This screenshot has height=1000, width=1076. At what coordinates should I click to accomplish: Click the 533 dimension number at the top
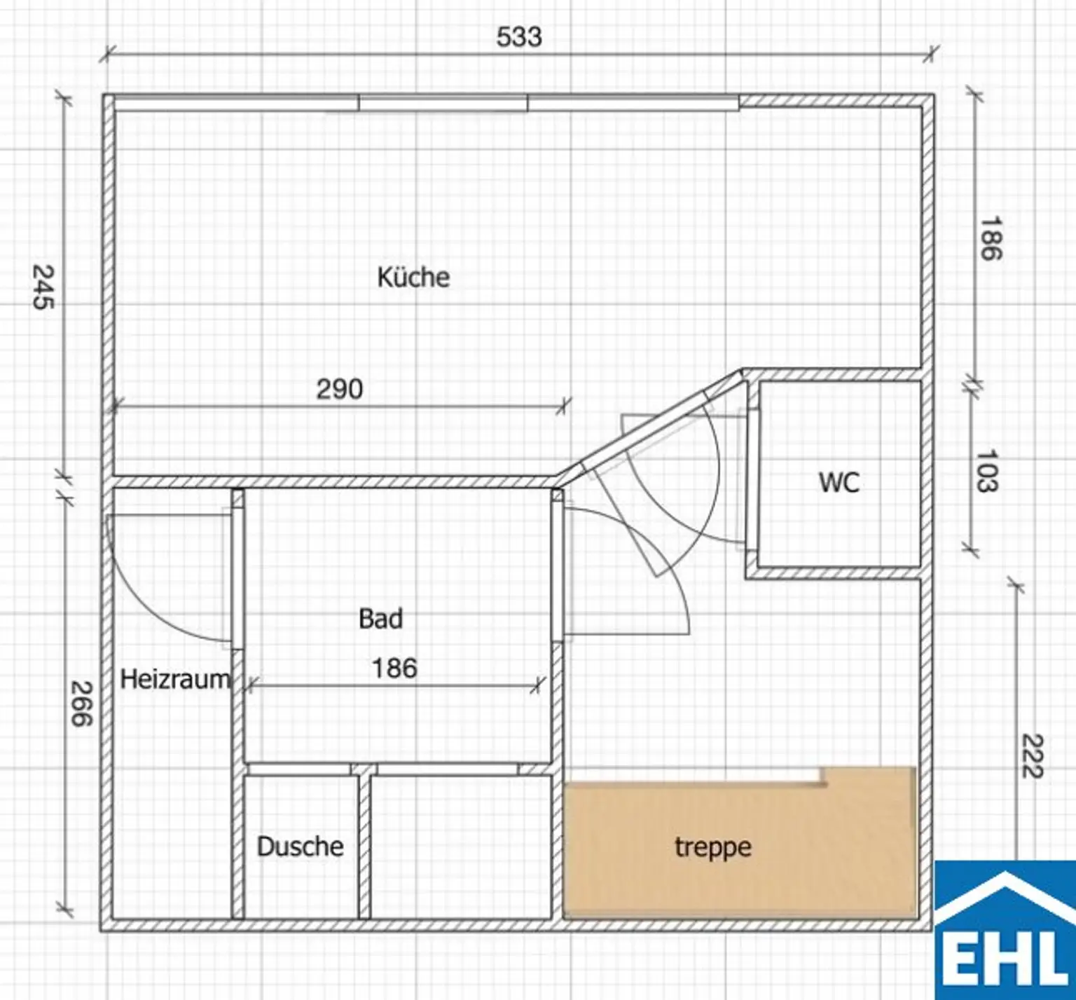click(x=519, y=36)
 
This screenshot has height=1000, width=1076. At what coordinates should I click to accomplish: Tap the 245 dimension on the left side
click(x=43, y=287)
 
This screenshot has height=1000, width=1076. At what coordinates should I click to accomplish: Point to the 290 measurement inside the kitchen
click(x=340, y=389)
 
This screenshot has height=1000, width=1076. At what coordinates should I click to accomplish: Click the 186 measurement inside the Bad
click(x=394, y=668)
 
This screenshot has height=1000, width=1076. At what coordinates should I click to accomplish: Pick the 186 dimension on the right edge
click(x=991, y=238)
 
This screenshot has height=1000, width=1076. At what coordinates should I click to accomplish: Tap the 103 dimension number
click(x=987, y=471)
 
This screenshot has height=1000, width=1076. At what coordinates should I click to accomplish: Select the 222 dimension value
click(x=1033, y=755)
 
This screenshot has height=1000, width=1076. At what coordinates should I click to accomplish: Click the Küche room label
click(x=413, y=278)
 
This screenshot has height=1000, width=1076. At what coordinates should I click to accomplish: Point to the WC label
click(x=839, y=482)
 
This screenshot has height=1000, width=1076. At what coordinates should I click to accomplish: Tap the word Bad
click(x=380, y=619)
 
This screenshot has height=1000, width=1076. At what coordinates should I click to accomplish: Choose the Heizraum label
click(x=175, y=679)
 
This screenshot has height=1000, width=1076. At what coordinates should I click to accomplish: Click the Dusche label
click(x=300, y=847)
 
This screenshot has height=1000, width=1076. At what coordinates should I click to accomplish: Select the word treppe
click(x=713, y=848)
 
